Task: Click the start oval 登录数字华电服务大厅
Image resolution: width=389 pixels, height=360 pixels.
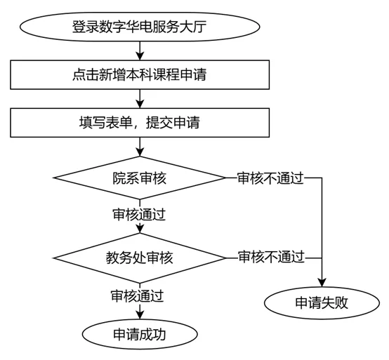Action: click(140, 27)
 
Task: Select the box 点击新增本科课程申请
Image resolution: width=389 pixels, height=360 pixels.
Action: click(140, 74)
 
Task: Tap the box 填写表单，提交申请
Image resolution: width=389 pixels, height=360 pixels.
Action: click(140, 123)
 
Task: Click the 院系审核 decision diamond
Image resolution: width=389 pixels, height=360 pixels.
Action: click(140, 178)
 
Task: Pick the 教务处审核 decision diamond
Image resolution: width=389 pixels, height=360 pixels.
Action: click(140, 258)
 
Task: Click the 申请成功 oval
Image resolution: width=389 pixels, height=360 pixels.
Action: click(140, 334)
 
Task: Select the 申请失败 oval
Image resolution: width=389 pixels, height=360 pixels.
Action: click(322, 302)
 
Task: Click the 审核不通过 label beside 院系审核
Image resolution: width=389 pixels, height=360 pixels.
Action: click(270, 178)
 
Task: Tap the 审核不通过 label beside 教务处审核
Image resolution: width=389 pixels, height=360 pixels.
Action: click(271, 257)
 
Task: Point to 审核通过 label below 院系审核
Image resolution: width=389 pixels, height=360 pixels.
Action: click(139, 215)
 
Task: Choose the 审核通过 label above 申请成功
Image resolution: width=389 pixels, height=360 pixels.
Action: click(137, 295)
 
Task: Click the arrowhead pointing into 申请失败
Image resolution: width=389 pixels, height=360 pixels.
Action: click(322, 283)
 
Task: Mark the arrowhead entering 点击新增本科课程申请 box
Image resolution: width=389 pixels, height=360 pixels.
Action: click(140, 55)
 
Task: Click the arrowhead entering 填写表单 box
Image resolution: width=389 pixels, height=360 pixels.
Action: click(140, 104)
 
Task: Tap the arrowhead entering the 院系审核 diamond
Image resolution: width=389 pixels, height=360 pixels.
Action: click(140, 152)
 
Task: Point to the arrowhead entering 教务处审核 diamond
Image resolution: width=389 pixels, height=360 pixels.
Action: click(140, 229)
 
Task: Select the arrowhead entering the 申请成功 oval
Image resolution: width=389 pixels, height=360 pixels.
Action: click(140, 315)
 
